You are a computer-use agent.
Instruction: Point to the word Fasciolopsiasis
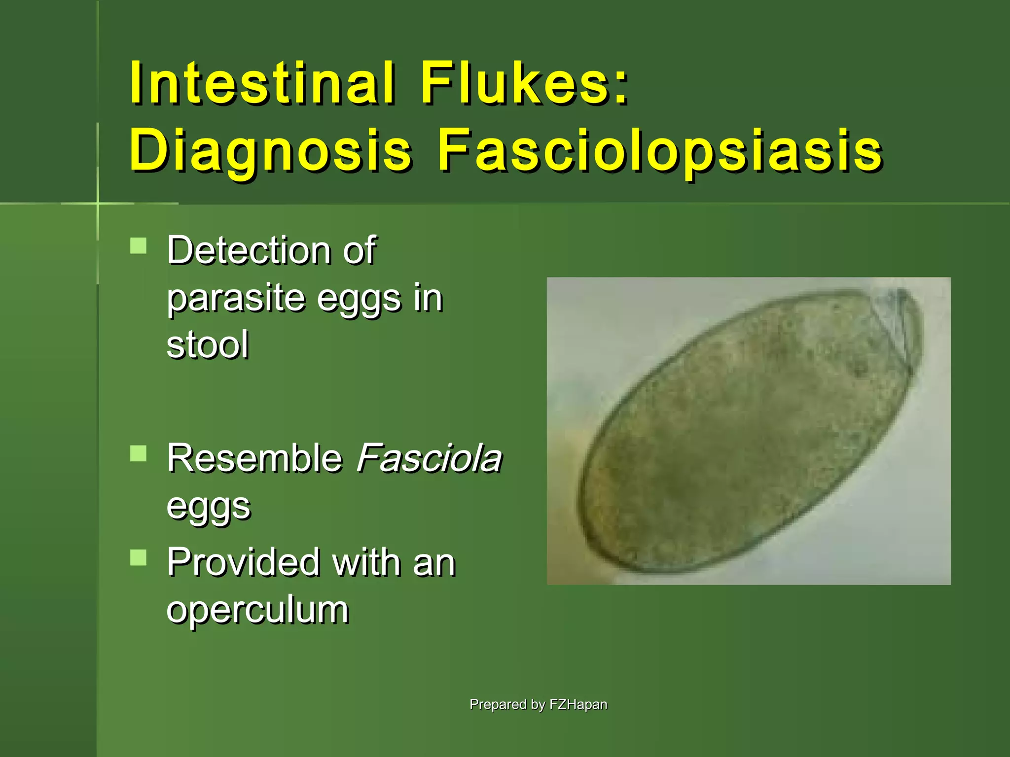click(660, 150)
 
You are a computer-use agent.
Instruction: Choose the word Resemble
click(254, 458)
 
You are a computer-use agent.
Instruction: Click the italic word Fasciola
click(429, 458)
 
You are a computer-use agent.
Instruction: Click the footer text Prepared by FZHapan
click(538, 704)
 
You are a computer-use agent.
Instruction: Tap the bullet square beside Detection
click(139, 245)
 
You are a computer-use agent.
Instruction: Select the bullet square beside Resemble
click(139, 453)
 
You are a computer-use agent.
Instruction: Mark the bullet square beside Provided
click(139, 557)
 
